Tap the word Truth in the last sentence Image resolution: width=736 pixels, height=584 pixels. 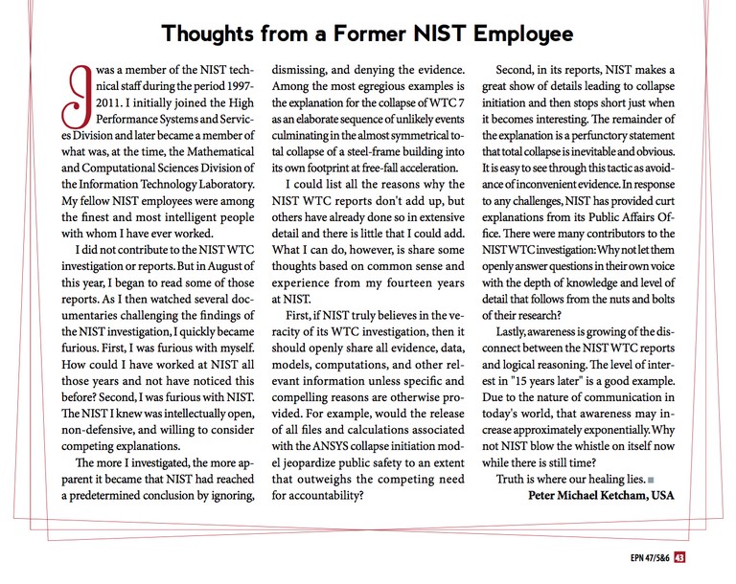(514, 477)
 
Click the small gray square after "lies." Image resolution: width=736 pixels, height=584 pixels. (651, 479)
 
